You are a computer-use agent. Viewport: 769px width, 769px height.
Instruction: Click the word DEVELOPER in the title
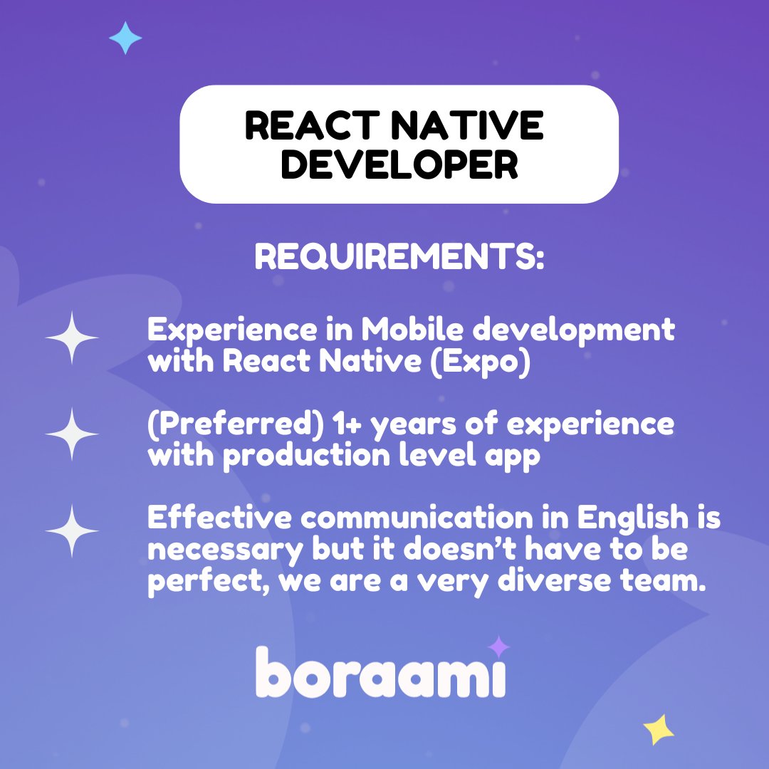coord(399,164)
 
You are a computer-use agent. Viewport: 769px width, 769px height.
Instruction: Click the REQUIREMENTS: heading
coord(399,257)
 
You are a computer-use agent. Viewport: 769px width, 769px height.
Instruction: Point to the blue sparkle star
coord(125,38)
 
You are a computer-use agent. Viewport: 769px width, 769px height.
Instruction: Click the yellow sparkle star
coord(659,730)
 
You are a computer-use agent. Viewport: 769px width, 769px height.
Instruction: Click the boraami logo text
coord(381,673)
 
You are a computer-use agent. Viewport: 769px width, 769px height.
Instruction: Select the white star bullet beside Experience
coord(72,338)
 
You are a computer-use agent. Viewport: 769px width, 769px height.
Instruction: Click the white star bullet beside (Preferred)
coord(72,434)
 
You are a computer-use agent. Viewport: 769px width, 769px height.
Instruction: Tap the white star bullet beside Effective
coord(72,530)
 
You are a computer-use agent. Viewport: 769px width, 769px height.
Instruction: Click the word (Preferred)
coord(234,425)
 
